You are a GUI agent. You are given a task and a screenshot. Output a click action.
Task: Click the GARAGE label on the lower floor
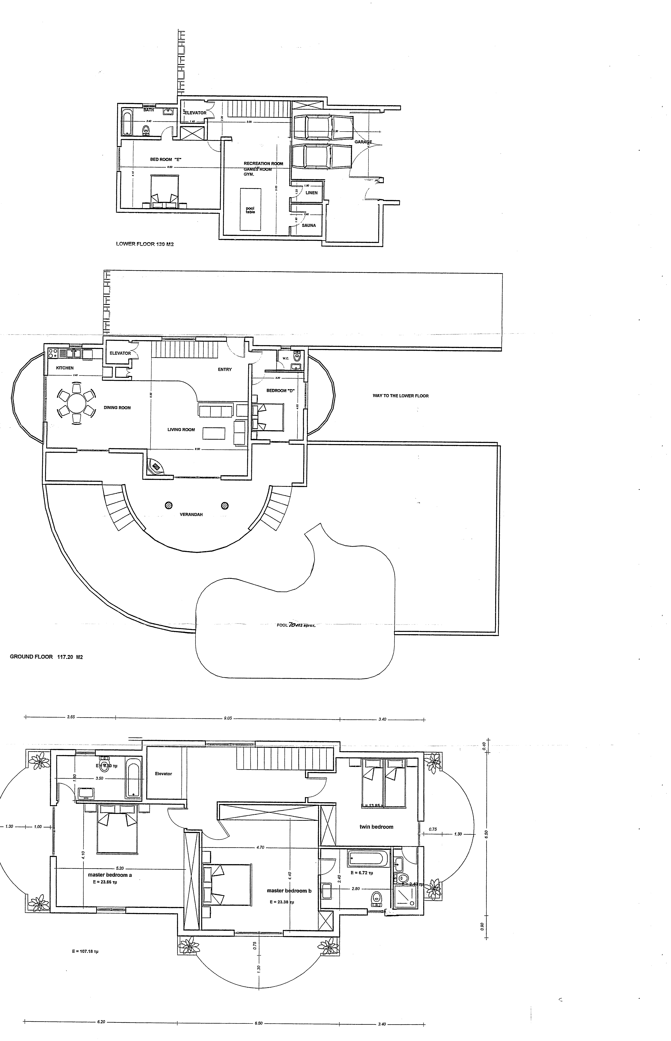click(x=363, y=142)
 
